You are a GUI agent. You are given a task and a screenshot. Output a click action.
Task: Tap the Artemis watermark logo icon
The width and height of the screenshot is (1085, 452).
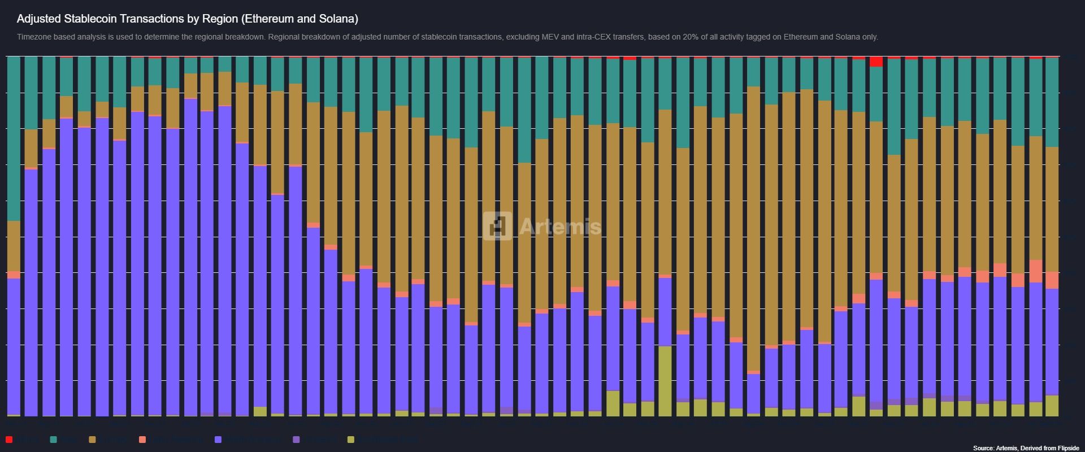click(497, 226)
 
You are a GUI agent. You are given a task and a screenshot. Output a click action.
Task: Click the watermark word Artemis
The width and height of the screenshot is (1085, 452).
click(559, 227)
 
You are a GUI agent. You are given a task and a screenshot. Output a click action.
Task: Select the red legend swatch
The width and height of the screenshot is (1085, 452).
click(9, 440)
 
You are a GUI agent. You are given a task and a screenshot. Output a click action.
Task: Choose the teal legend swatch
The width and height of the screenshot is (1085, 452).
click(53, 440)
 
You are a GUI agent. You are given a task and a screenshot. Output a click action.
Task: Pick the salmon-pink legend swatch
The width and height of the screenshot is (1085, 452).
click(142, 440)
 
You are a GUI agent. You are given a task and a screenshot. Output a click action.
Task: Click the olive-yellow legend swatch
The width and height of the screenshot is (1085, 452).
click(351, 440)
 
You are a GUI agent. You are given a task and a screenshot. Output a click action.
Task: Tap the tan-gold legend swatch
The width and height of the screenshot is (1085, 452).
click(93, 440)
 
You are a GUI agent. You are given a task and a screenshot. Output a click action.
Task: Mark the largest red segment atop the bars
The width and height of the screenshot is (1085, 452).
click(876, 62)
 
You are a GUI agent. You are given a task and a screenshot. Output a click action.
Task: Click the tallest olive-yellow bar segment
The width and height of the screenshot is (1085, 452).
click(665, 381)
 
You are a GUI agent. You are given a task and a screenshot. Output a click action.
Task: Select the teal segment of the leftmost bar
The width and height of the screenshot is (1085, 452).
click(14, 138)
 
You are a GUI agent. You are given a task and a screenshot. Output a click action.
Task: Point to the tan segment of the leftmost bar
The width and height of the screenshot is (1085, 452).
click(14, 246)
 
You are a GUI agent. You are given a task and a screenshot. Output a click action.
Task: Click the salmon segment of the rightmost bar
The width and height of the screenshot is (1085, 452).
click(1052, 280)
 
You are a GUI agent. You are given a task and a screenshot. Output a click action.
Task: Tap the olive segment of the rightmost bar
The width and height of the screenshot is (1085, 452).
click(1052, 406)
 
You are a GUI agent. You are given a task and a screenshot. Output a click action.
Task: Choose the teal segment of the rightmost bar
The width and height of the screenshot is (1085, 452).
click(1052, 102)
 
